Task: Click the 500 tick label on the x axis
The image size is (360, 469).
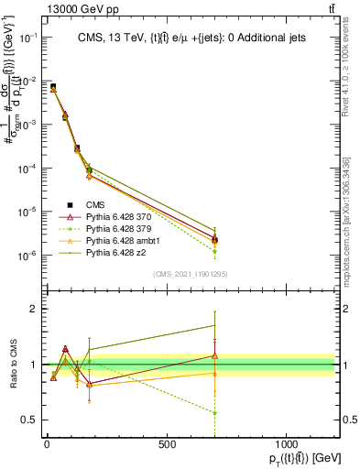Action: [167, 443]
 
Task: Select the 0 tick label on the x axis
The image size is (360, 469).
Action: [47, 443]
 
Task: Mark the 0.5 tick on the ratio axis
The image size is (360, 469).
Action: [31, 420]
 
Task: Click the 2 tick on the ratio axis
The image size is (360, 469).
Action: [35, 309]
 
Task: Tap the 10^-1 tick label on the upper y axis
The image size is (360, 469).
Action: [28, 38]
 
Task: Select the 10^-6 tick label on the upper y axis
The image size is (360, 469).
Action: [28, 255]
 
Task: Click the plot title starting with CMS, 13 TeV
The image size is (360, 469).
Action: [192, 38]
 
